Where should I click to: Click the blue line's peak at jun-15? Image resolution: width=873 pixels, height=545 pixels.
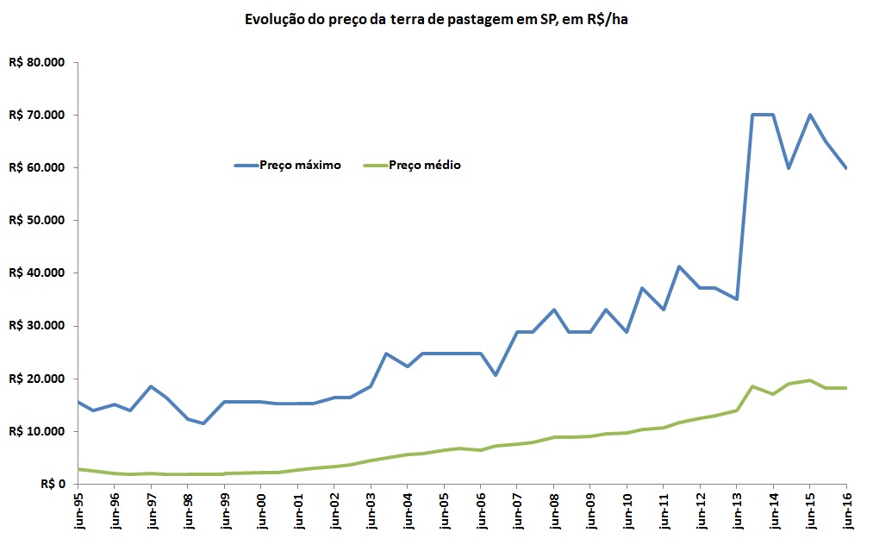coord(810,115)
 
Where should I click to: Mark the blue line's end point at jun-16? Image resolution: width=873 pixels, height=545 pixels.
coord(846,167)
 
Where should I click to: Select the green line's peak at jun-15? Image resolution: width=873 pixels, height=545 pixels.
coord(810,380)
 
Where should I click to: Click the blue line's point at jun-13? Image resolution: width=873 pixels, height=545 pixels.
coord(737,299)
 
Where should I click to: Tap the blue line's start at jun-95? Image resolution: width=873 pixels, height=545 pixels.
coord(78,402)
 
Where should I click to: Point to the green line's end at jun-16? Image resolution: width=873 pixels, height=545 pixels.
coord(846,388)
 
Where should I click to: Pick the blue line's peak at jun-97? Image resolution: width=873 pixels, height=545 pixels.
coord(151,386)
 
